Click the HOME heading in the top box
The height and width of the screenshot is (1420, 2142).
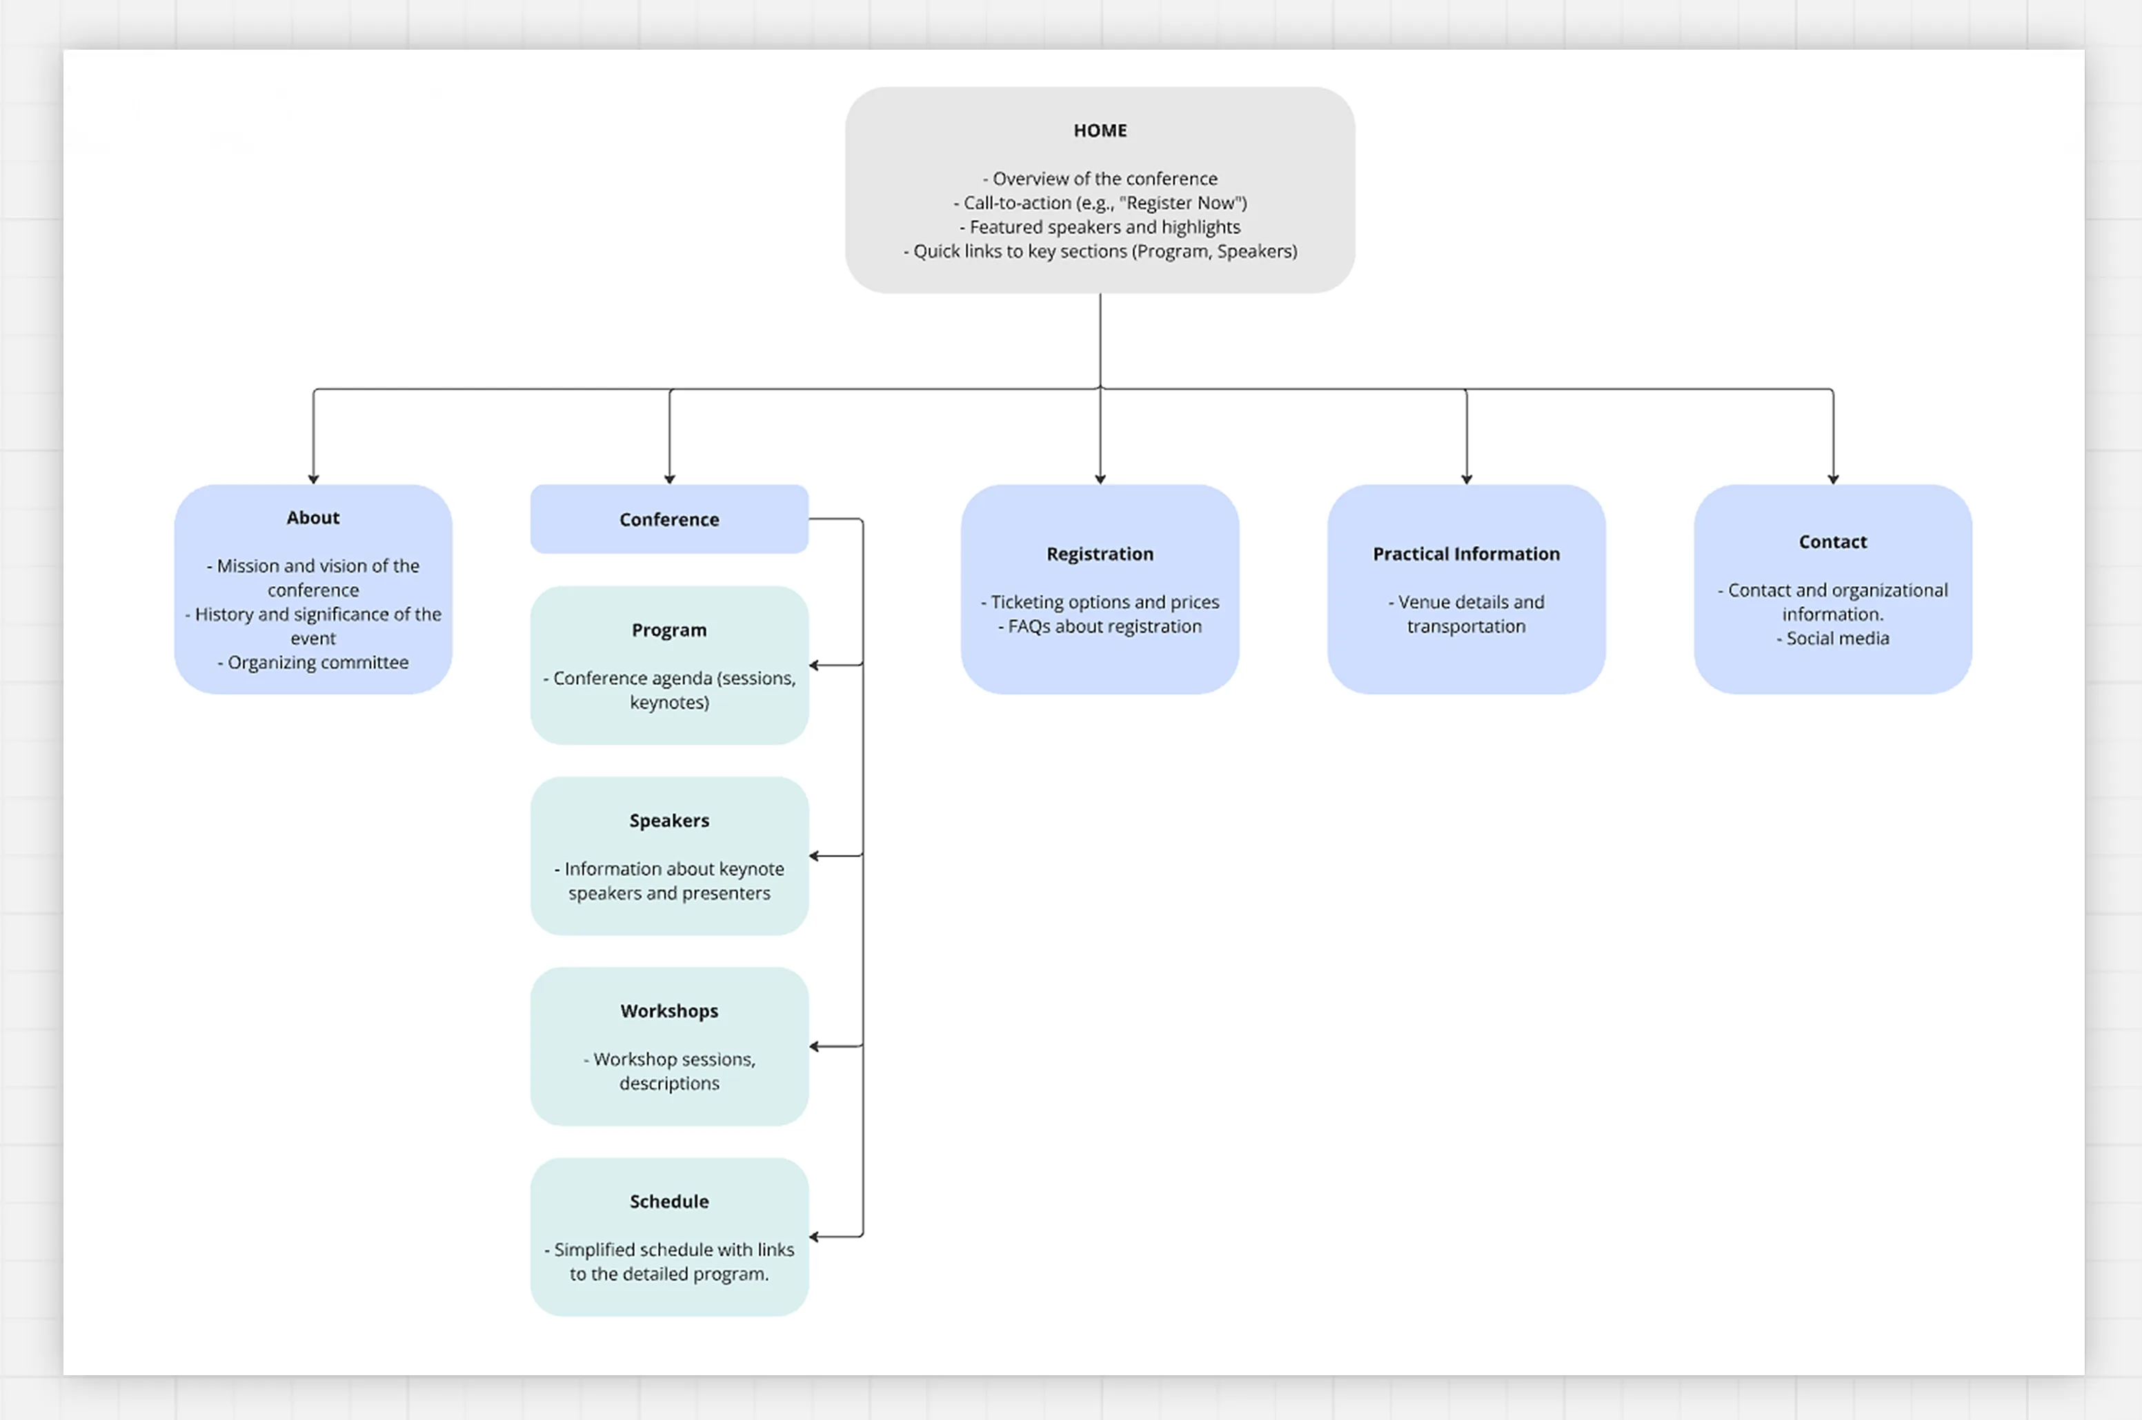tap(1100, 130)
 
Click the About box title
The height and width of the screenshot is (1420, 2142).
tap(313, 517)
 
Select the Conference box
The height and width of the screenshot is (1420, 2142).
tap(668, 519)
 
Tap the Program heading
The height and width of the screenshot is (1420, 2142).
tap(668, 630)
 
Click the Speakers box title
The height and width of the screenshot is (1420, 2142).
tap(668, 821)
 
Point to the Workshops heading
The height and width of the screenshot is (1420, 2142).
tap(668, 1010)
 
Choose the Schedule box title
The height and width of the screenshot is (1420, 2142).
tap(668, 1201)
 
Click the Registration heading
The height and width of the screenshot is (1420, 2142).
tap(1100, 553)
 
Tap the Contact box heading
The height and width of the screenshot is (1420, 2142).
tap(1832, 541)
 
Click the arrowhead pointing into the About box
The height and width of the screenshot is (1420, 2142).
tap(313, 478)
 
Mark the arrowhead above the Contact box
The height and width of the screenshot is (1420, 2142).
tap(1832, 478)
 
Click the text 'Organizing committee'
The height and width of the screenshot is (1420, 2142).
tap(317, 662)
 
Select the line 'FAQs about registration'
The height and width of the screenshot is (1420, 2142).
tap(1104, 626)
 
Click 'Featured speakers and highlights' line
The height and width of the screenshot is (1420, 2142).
tap(1104, 226)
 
